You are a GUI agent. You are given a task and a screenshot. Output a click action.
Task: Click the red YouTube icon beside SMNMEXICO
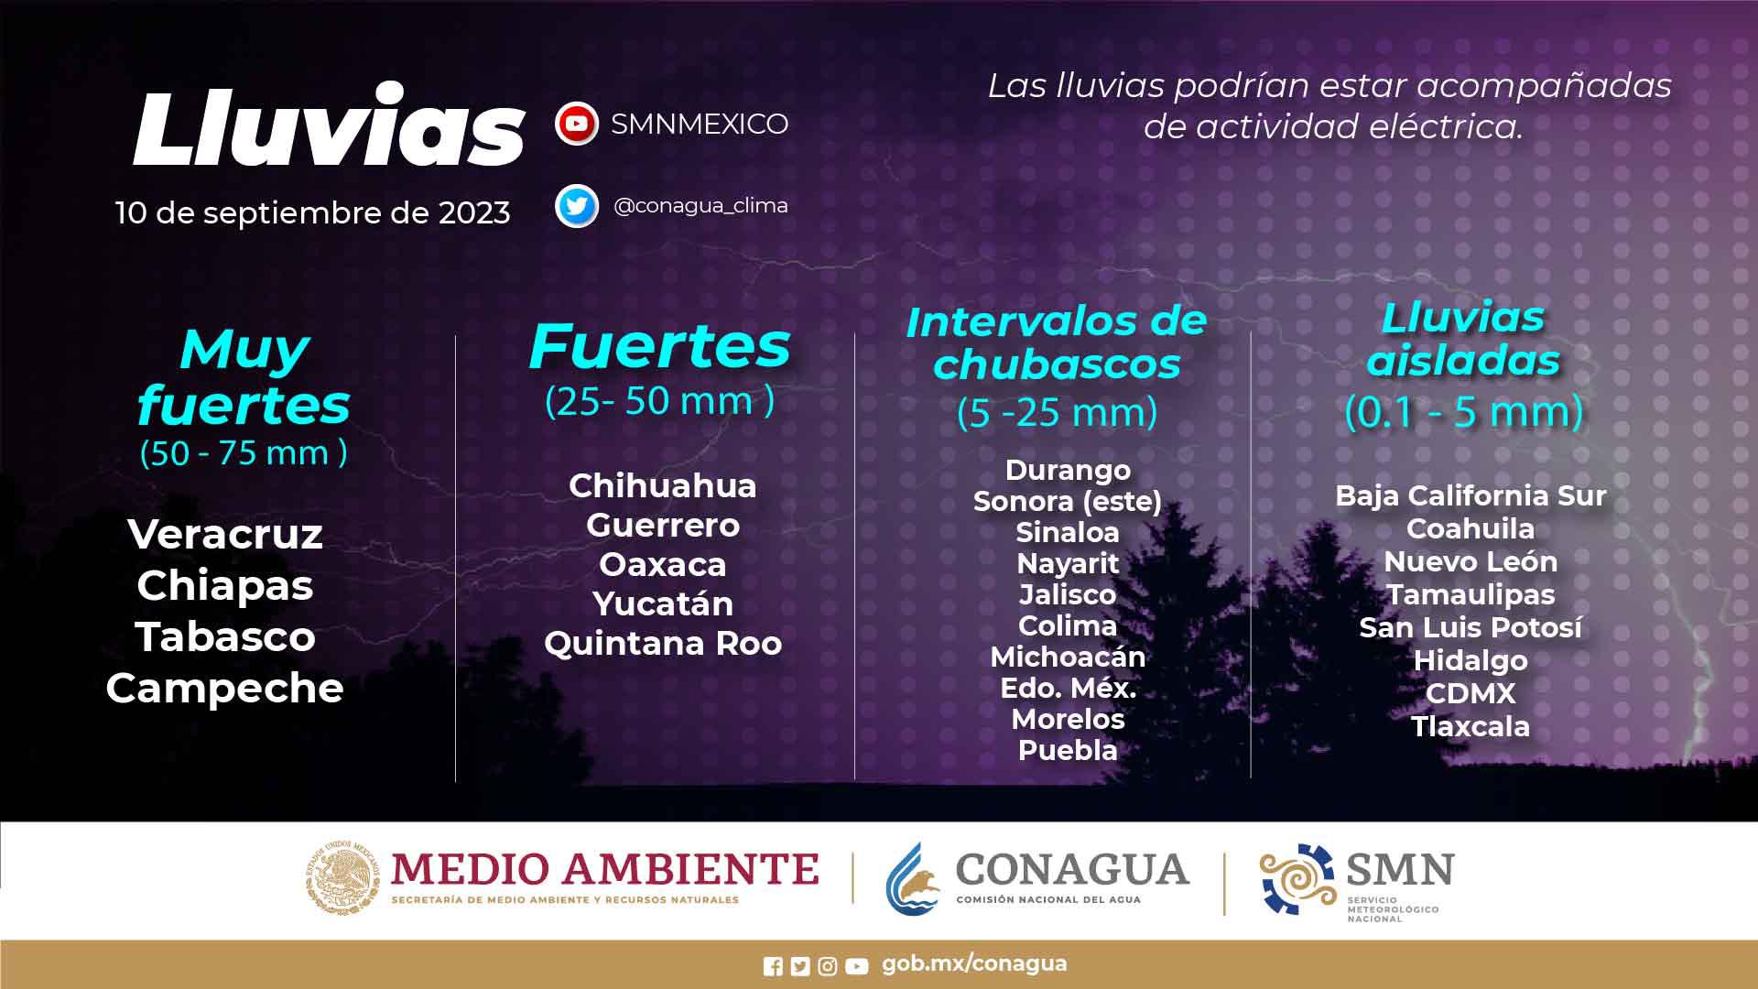point(577,124)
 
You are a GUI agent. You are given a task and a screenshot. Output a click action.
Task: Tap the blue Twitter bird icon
point(577,206)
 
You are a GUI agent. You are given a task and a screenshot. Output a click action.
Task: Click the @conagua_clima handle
point(700,206)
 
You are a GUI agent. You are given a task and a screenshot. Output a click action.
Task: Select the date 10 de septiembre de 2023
point(312,212)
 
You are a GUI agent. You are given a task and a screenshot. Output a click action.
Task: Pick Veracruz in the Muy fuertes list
point(225,534)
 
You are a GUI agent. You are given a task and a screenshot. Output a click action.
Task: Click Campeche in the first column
point(224,689)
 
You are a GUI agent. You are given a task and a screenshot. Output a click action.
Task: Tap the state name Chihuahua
point(663,485)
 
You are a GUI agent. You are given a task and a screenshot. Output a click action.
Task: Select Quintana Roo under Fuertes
point(663,643)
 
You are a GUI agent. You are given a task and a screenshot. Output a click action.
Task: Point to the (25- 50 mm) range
point(659,401)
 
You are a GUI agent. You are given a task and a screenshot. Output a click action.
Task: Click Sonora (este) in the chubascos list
point(1068,502)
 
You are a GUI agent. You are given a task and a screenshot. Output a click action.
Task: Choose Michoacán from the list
point(1068,657)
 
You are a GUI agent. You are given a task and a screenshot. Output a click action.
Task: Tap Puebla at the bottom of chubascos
point(1068,750)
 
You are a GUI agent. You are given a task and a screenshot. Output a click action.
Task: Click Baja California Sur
point(1470,495)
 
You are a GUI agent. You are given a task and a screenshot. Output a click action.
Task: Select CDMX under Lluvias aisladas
point(1470,693)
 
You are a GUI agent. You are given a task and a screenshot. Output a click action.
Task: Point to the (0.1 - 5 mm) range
point(1464,412)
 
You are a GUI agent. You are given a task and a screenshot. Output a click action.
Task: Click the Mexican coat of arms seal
point(342,877)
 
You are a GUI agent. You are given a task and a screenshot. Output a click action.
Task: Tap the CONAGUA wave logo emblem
point(913,879)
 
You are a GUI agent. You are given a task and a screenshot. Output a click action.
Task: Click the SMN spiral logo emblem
point(1297,879)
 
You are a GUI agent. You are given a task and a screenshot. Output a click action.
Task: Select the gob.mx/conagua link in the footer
point(974,964)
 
